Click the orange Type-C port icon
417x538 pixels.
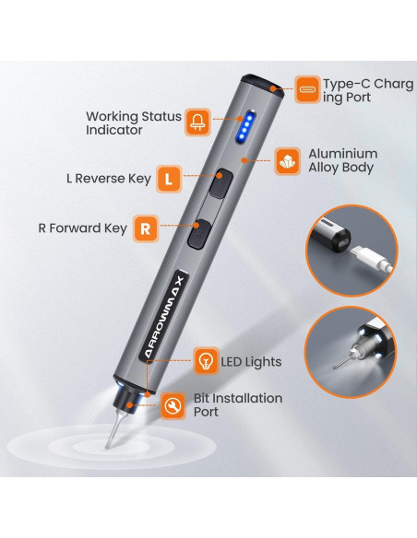point(307,89)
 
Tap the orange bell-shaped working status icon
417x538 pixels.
point(197,123)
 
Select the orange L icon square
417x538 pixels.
point(169,179)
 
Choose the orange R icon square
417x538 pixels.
point(146,228)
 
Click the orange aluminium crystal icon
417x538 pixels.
point(288,161)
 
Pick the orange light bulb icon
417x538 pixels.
point(206,360)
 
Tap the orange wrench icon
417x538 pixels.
point(173,405)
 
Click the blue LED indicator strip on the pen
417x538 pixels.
point(246,126)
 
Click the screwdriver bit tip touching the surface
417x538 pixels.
point(108,446)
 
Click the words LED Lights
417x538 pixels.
point(251,362)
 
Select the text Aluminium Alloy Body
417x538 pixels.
point(343,160)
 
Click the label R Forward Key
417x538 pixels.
point(83,228)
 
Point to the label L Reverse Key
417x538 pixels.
point(109,179)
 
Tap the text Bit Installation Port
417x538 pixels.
point(238,404)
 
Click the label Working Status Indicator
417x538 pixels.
point(134,123)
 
